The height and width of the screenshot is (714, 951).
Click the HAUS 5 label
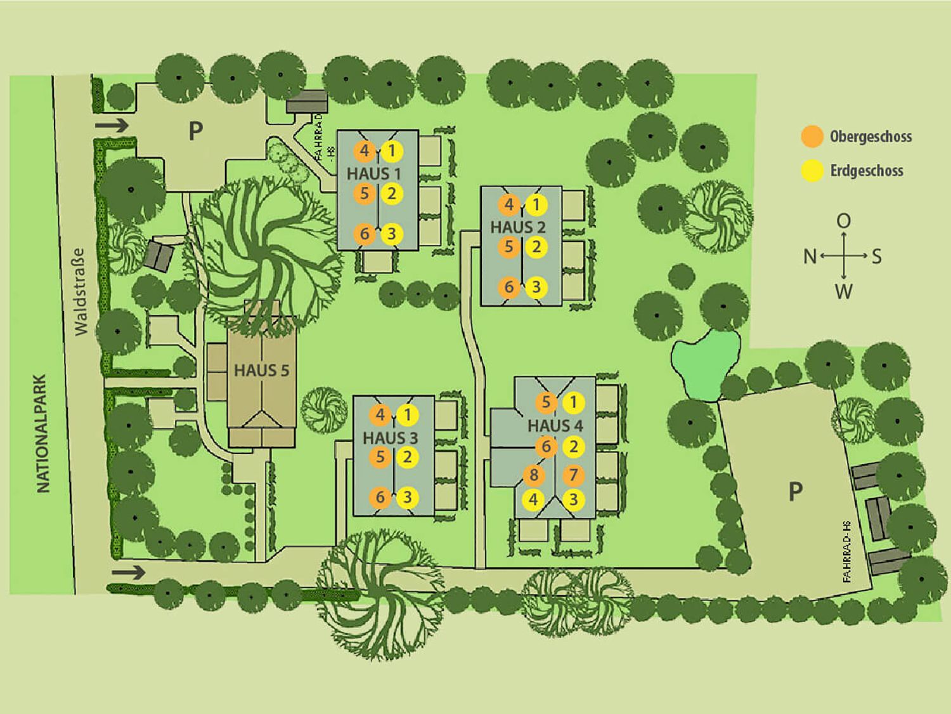pyautogui.click(x=261, y=371)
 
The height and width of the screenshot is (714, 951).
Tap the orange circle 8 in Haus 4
pyautogui.click(x=533, y=475)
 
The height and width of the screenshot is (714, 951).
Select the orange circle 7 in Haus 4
pyautogui.click(x=573, y=475)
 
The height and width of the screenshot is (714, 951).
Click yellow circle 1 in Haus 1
pyautogui.click(x=392, y=151)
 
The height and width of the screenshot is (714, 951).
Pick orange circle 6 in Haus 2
pyautogui.click(x=509, y=287)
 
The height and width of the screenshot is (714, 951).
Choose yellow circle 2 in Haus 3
pyautogui.click(x=407, y=457)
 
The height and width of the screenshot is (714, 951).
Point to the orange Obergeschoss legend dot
pyautogui.click(x=812, y=136)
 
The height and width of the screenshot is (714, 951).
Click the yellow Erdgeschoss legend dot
pyautogui.click(x=812, y=170)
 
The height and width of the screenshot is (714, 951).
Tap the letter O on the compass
pyautogui.click(x=844, y=221)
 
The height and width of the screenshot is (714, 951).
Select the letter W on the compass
pyautogui.click(x=844, y=291)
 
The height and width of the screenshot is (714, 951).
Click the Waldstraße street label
pyautogui.click(x=81, y=292)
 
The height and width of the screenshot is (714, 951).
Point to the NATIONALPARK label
pyautogui.click(x=43, y=433)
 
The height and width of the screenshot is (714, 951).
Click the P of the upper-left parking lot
pyautogui.click(x=196, y=130)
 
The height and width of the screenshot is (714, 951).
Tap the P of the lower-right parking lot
pyautogui.click(x=795, y=492)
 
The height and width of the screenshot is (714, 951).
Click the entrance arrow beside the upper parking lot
pyautogui.click(x=112, y=126)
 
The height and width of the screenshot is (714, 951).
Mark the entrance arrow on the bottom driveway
pyautogui.click(x=128, y=572)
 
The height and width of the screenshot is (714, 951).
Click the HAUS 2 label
pyautogui.click(x=518, y=227)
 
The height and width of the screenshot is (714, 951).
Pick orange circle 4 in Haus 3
pyautogui.click(x=380, y=415)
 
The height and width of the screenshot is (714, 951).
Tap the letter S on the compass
pyautogui.click(x=876, y=256)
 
